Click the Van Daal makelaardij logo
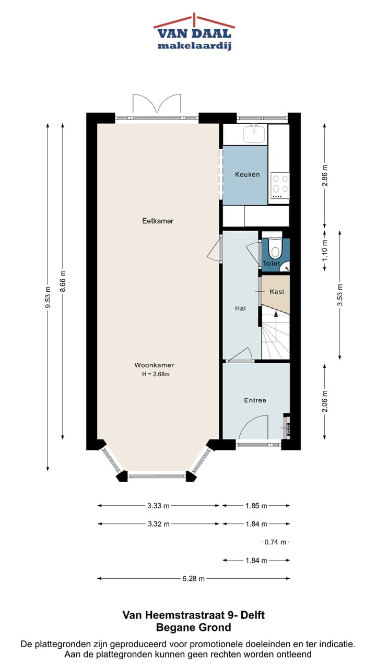(x=194, y=32)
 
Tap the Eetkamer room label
(x=158, y=221)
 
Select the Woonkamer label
(x=154, y=365)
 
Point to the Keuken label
(x=247, y=174)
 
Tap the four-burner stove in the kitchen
(x=279, y=184)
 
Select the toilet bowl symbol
(x=276, y=251)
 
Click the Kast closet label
(x=277, y=292)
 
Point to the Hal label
(x=240, y=308)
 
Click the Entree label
(x=255, y=400)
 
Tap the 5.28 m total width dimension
(x=194, y=578)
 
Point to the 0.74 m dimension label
(x=275, y=542)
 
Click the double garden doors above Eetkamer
(x=157, y=104)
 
